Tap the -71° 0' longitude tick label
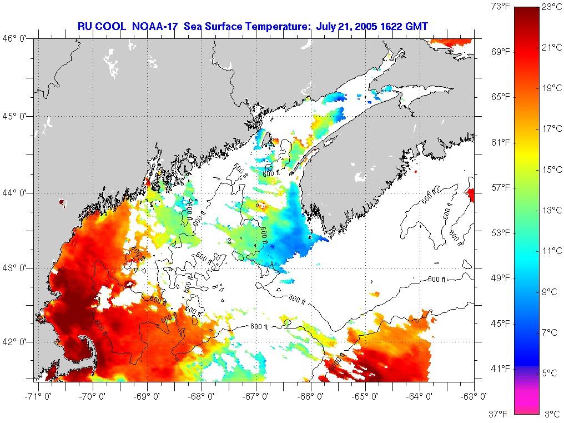coord(39,396)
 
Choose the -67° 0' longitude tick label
coord(257,396)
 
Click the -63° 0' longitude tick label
coord(474,396)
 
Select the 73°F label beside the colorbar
coord(500,7)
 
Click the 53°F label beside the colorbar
coord(500,233)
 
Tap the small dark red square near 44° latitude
coord(62,203)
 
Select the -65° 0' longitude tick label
coord(366,396)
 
